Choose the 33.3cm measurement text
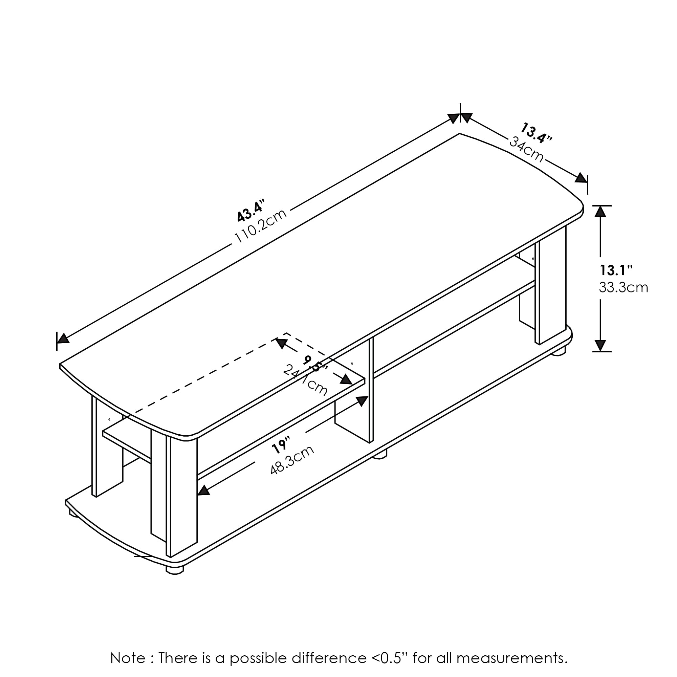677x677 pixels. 623,288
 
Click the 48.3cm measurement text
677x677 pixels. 292,459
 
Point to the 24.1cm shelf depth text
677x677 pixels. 305,380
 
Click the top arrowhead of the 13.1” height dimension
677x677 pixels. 600,211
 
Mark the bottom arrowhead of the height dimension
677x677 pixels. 600,345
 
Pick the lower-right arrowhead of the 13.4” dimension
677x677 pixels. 581,178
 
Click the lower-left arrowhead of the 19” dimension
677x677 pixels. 203,490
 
